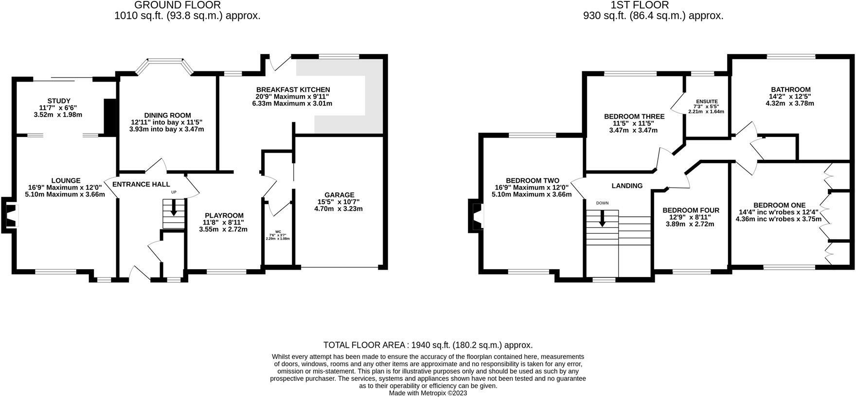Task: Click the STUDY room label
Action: (x=58, y=101)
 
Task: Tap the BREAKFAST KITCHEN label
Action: (x=293, y=90)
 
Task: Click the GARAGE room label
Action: (x=339, y=195)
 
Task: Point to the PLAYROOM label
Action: (x=224, y=216)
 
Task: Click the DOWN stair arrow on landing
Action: (x=602, y=218)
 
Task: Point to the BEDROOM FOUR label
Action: (x=690, y=210)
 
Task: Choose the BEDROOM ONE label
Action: (x=779, y=206)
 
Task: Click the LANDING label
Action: (x=627, y=186)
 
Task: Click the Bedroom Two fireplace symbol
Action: (x=476, y=215)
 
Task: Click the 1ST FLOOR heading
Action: (x=639, y=5)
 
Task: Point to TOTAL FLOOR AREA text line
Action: (x=428, y=345)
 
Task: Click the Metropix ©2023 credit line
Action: (x=428, y=393)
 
